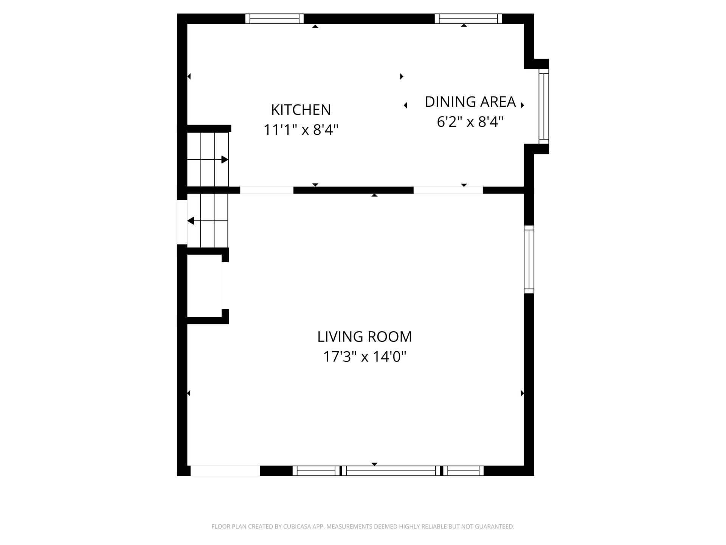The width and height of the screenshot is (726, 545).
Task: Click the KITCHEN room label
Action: pos(301,110)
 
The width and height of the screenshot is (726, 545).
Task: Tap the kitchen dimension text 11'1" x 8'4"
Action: pos(301,130)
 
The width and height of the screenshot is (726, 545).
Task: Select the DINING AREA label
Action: pos(470,102)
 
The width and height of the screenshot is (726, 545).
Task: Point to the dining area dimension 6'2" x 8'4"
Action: pos(470,122)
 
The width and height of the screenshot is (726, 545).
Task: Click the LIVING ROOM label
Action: pos(365,336)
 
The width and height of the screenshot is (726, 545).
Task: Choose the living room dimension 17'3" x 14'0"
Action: pos(365,357)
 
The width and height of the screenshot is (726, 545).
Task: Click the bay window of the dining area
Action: pos(544,106)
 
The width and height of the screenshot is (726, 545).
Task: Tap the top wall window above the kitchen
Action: pos(275,19)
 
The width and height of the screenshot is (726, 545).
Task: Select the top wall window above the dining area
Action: pos(468,19)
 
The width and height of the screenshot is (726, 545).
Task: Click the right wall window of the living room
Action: pos(529,259)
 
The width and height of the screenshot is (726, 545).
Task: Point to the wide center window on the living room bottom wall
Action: pos(391,471)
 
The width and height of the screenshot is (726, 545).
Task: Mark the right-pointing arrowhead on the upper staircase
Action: pos(225,160)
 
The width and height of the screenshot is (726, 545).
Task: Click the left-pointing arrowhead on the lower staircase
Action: pos(191,221)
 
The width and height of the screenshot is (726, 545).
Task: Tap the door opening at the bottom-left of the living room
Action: pos(225,471)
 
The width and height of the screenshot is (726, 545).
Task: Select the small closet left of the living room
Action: pos(205,286)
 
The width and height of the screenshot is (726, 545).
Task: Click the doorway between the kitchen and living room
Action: pos(267,190)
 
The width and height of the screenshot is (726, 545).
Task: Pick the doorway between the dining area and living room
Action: pos(448,190)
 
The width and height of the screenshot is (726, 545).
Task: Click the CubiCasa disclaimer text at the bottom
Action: pos(363,526)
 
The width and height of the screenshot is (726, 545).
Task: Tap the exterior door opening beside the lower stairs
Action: pos(182,222)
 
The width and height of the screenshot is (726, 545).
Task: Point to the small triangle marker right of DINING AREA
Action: pos(523,105)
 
